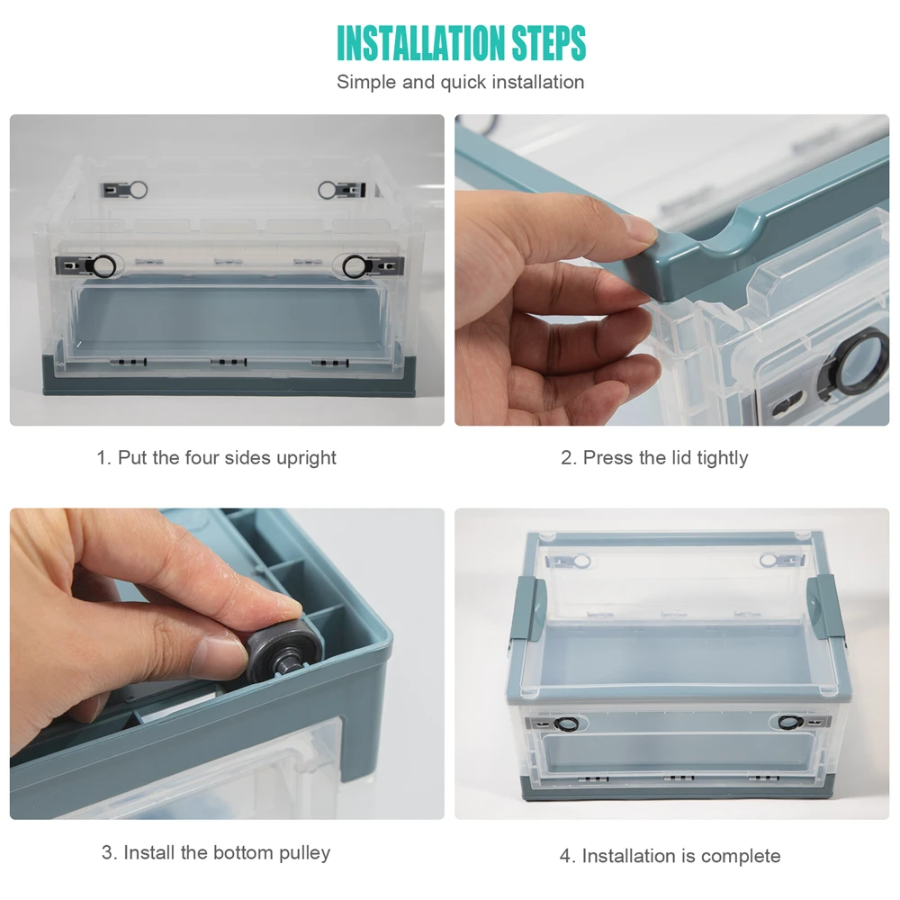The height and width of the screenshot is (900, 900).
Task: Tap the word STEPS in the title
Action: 549,43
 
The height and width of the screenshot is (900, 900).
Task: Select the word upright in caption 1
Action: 306,459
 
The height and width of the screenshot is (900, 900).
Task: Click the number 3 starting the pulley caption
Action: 107,852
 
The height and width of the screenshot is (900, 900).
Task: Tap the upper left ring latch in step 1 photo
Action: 138,189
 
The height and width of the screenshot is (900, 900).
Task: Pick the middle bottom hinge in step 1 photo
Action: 229,362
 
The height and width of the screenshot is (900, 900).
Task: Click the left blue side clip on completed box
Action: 528,609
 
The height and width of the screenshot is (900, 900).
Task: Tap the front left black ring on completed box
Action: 566,724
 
